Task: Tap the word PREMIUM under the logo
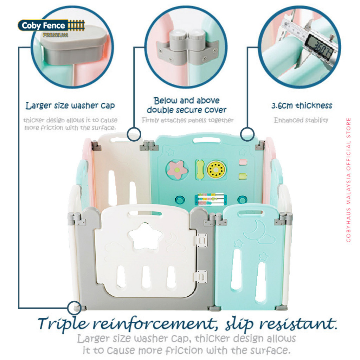[55, 35]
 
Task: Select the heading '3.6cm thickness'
[302, 105]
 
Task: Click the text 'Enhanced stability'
[301, 120]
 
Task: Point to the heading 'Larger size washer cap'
[70, 105]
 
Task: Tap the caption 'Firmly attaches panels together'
[188, 120]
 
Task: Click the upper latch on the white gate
[201, 240]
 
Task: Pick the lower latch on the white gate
[201, 277]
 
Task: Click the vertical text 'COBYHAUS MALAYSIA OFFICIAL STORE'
[348, 180]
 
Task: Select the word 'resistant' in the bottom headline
[298, 323]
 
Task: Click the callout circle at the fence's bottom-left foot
[75, 308]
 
